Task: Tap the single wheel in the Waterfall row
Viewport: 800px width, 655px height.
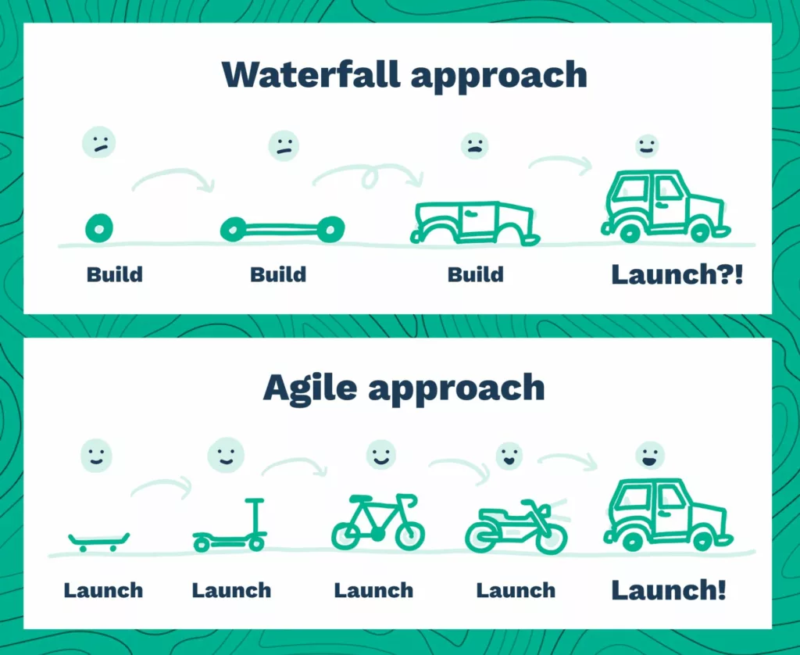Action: (x=99, y=228)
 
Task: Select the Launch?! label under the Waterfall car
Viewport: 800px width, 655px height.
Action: (x=677, y=274)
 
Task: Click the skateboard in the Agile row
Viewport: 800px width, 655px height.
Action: (x=98, y=541)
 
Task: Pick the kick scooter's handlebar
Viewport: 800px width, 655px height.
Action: (x=255, y=501)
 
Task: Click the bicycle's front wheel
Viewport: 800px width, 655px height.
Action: (x=409, y=535)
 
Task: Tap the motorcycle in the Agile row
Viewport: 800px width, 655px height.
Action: (x=516, y=527)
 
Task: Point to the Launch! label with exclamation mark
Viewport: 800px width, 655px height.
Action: (x=669, y=590)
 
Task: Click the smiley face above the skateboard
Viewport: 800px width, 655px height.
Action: (x=96, y=456)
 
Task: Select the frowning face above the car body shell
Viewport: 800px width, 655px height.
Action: (x=474, y=146)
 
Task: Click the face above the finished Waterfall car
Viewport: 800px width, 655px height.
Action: (x=647, y=146)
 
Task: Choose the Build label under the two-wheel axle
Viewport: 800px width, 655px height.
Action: (x=278, y=274)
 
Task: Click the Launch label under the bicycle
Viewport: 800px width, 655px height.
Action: (x=373, y=591)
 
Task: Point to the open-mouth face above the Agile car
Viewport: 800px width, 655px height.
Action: (x=650, y=456)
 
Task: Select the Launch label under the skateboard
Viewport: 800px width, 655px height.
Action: (x=103, y=591)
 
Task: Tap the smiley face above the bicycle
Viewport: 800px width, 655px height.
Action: (x=381, y=454)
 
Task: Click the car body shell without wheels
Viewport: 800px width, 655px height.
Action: (x=474, y=223)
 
